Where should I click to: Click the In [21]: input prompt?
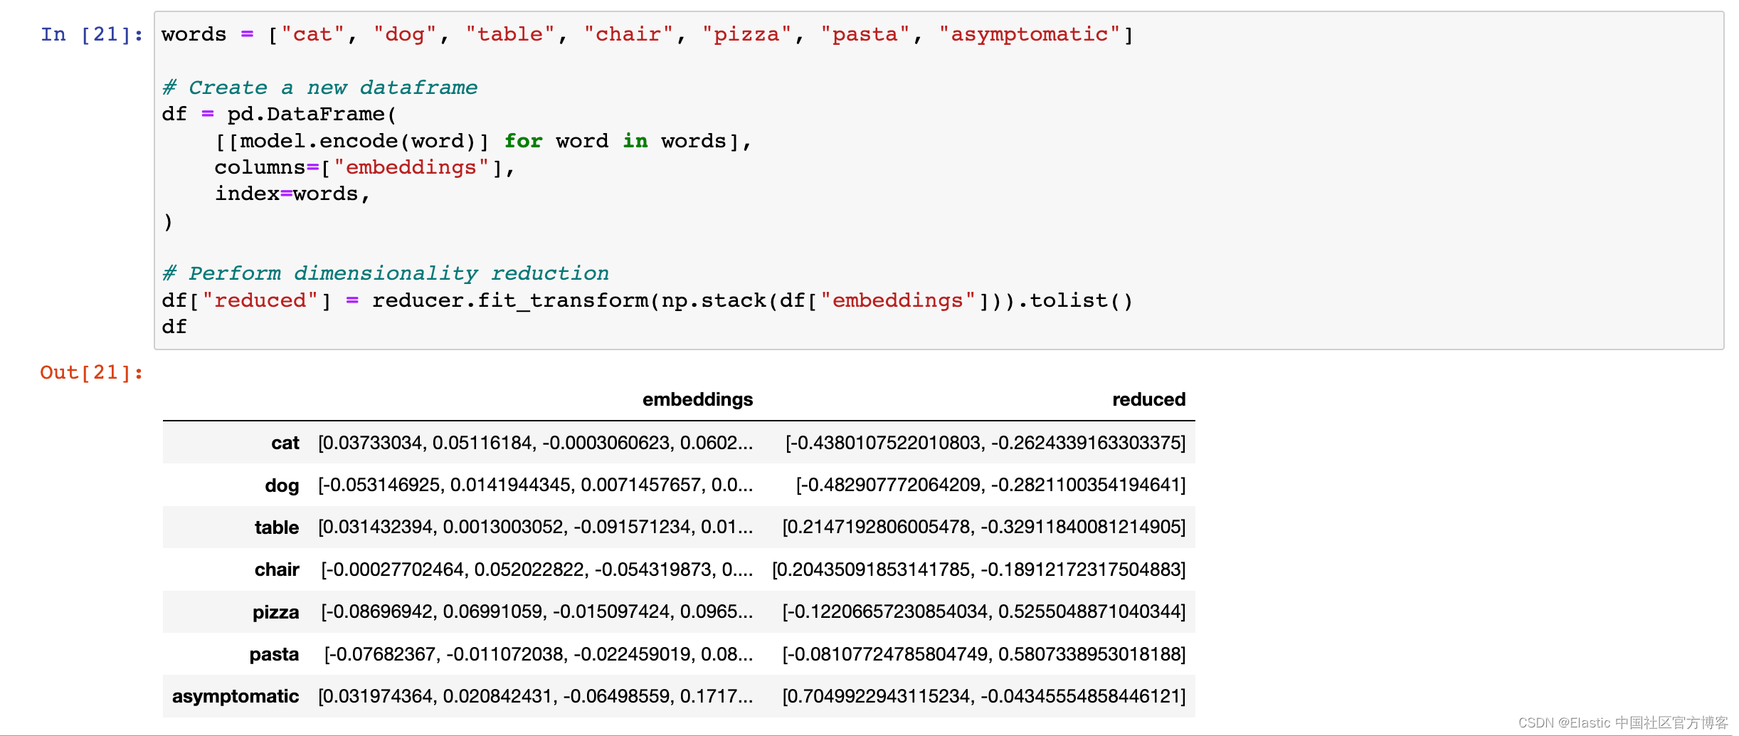point(92,34)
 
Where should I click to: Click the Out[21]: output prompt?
point(92,372)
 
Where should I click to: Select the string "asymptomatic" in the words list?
point(1029,34)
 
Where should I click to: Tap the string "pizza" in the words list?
point(746,34)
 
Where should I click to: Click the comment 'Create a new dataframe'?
point(319,88)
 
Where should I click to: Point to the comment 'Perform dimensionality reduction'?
point(385,273)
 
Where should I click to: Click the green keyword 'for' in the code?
point(523,141)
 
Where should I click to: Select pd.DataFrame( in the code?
point(312,114)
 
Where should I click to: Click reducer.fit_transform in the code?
point(510,300)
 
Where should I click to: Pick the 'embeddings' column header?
point(697,399)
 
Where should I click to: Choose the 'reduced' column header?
point(1148,399)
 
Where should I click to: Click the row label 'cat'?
point(285,443)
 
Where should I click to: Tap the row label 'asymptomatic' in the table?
point(236,696)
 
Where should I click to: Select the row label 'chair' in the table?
point(277,569)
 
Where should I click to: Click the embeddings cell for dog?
point(535,485)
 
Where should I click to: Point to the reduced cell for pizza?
point(983,611)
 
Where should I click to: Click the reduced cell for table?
point(983,527)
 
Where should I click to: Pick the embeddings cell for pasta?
point(538,654)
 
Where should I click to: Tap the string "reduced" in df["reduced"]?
point(260,300)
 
